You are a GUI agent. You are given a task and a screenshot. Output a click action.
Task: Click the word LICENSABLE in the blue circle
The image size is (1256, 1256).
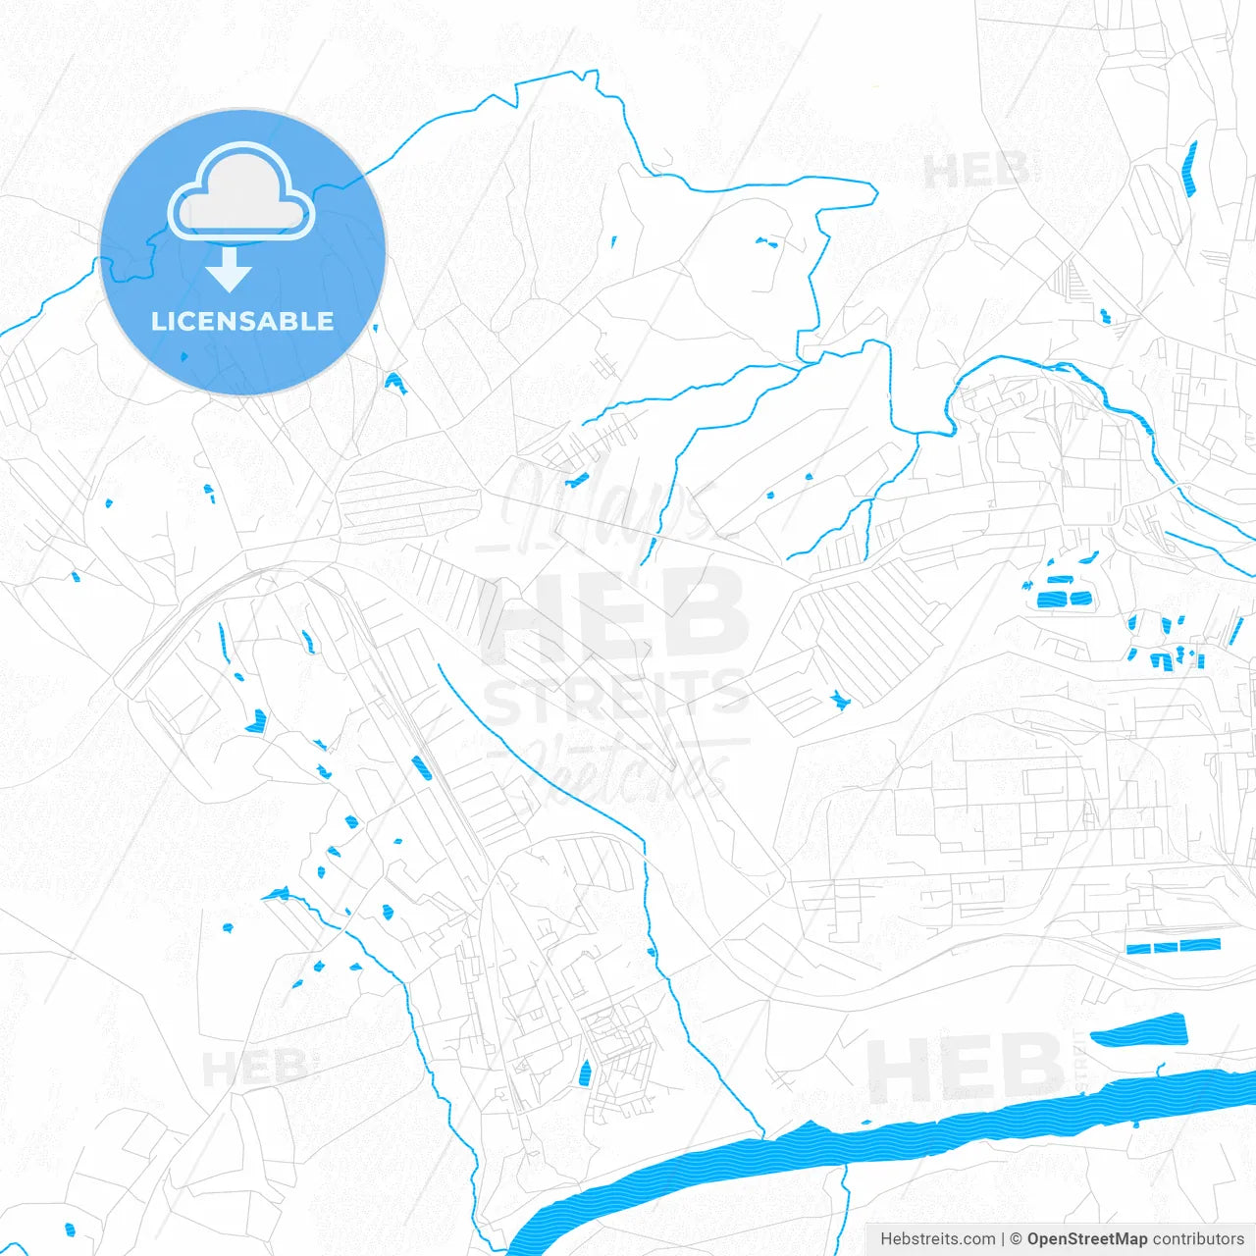242,321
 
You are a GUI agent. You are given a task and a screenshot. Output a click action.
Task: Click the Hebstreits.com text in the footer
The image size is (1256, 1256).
937,1239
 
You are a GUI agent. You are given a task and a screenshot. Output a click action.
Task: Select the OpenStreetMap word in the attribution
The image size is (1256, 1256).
1087,1239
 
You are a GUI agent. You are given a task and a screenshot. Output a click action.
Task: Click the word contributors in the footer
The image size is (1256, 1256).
1198,1239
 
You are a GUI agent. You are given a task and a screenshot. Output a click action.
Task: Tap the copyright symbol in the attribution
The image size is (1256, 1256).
1017,1239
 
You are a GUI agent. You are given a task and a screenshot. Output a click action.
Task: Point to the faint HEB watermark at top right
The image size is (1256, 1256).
976,172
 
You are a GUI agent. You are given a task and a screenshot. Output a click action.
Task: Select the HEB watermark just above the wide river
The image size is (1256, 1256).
964,1068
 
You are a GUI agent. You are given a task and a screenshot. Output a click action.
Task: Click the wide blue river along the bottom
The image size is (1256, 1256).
883,1138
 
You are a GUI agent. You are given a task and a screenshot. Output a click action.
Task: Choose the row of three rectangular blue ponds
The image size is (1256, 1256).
1174,946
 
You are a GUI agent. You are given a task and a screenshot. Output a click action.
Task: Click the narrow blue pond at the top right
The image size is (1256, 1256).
1190,169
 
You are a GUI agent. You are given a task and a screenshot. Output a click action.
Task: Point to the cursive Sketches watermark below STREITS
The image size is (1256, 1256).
628,765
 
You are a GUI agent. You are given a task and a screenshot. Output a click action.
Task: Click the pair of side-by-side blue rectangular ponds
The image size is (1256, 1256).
1065,598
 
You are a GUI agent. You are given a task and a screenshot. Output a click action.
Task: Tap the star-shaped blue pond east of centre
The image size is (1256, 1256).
839,699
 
